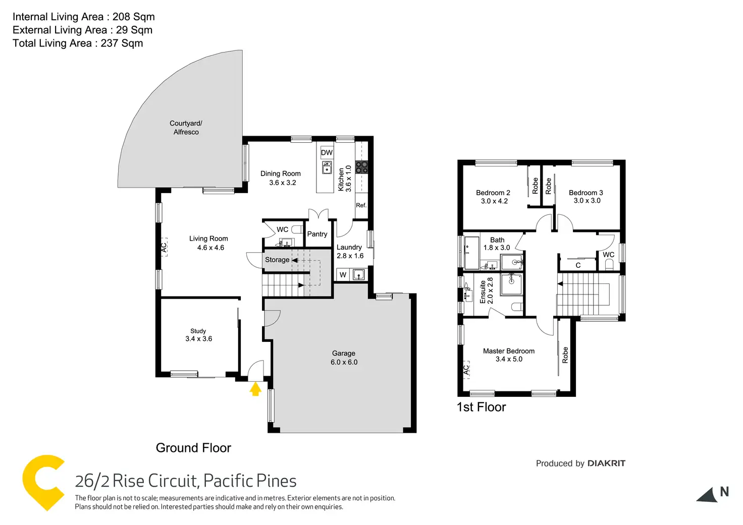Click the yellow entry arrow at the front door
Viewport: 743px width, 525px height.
click(x=255, y=388)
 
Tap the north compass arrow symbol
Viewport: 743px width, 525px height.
click(x=708, y=495)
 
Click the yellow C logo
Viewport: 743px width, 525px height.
click(x=43, y=482)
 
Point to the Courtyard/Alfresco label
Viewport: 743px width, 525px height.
click(x=186, y=128)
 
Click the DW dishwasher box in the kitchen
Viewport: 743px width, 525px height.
click(x=327, y=152)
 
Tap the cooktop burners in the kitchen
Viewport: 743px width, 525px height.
click(x=361, y=167)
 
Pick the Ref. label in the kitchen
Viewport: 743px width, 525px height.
click(x=361, y=205)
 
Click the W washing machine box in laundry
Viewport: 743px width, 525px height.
click(x=343, y=275)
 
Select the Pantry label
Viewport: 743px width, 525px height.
click(x=317, y=234)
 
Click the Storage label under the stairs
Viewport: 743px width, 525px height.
click(x=277, y=260)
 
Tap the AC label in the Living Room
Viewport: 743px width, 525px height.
click(x=164, y=247)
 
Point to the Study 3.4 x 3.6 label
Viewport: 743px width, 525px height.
click(x=198, y=335)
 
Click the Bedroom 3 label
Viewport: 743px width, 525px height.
click(x=586, y=193)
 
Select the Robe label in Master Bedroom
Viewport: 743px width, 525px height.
click(x=565, y=355)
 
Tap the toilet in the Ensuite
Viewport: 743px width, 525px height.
click(x=516, y=306)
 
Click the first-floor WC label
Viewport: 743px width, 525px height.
click(x=608, y=255)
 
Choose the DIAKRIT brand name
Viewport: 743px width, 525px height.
click(x=606, y=463)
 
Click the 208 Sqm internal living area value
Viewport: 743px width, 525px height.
click(x=133, y=17)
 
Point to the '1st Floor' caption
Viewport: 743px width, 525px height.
click(x=481, y=407)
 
